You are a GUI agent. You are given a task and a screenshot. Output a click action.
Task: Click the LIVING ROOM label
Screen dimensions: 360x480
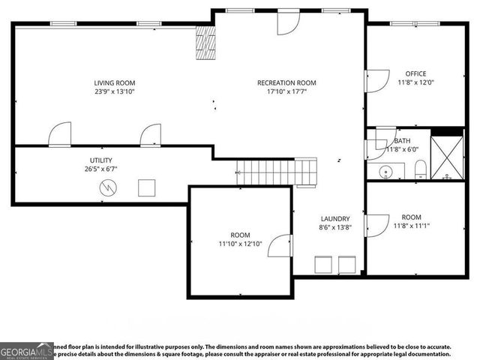tap(115, 82)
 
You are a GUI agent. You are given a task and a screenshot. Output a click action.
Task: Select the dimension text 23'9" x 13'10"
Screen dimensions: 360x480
tap(115, 91)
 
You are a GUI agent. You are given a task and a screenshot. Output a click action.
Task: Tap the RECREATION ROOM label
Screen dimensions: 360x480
tap(286, 82)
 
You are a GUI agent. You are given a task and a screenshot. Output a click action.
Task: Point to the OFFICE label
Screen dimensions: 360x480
tap(415, 73)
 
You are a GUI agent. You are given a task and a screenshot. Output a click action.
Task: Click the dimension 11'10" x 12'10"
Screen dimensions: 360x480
tap(240, 244)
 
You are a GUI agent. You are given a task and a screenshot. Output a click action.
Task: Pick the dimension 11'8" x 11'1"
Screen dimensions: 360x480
tap(415, 225)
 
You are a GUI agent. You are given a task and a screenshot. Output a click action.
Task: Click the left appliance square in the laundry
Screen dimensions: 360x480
tap(323, 265)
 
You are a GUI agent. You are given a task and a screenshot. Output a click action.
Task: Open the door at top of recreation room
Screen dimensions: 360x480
tap(288, 23)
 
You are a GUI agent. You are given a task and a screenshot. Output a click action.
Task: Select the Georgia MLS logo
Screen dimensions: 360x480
tap(26, 351)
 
